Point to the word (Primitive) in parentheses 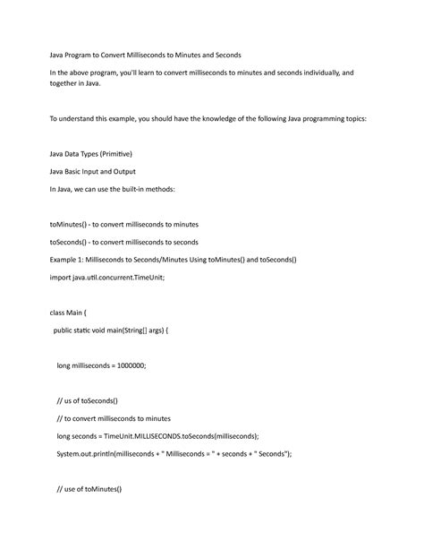[x=123, y=153]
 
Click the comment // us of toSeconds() [x=87, y=400]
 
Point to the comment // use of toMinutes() [x=89, y=489]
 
